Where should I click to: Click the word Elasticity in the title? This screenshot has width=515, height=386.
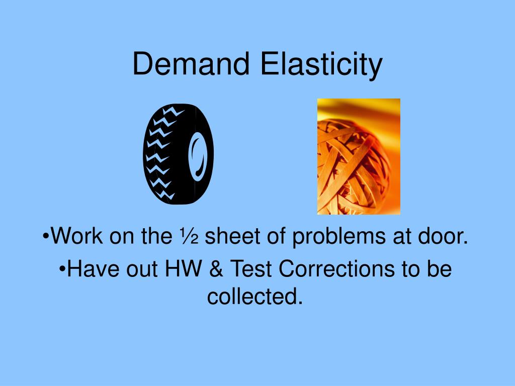pos(321,66)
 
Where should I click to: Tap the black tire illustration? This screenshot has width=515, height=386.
pos(179,154)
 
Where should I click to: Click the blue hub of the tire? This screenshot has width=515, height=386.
pos(198,157)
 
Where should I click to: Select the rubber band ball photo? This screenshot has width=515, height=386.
pos(359,157)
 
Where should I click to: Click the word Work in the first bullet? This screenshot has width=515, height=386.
pos(76,236)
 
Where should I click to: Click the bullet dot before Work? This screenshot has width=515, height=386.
pos(46,236)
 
